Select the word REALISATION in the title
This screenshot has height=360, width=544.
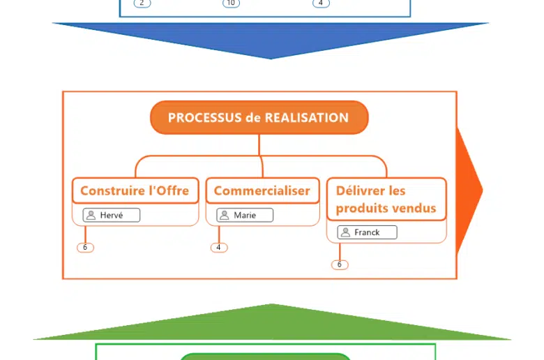(x=306, y=118)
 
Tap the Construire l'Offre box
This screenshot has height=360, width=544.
(x=135, y=190)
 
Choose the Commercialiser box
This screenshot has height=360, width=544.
(x=262, y=190)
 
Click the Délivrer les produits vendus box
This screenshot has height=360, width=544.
(x=386, y=200)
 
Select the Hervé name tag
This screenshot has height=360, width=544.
(x=112, y=216)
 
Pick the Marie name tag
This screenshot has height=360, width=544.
(x=245, y=216)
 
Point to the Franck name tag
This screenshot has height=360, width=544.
(x=367, y=232)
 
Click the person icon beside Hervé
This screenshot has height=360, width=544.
(x=91, y=216)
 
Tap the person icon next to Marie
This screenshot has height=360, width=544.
(x=225, y=216)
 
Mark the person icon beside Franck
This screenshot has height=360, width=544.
(x=345, y=232)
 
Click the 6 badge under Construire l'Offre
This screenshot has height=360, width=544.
(x=85, y=248)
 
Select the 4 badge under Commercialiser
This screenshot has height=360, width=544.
(x=219, y=248)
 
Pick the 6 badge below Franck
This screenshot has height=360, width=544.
(x=340, y=265)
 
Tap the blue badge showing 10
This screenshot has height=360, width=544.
(x=231, y=3)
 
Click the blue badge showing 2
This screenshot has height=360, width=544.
(x=142, y=3)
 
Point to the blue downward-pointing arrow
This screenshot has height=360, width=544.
(x=271, y=40)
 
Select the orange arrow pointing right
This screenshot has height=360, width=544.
(x=469, y=190)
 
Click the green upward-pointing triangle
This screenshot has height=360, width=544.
(x=272, y=324)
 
